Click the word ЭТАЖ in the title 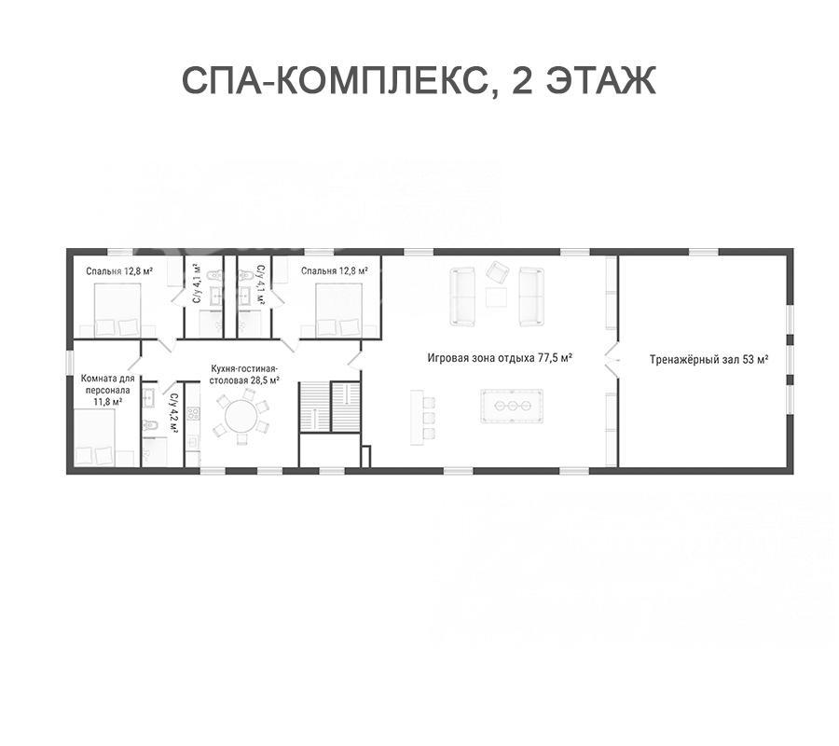pyautogui.click(x=600, y=80)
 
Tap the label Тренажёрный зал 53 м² pyautogui.click(x=709, y=359)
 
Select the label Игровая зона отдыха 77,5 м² pyautogui.click(x=501, y=357)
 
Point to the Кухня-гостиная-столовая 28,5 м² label pyautogui.click(x=244, y=375)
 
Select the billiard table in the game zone pyautogui.click(x=512, y=407)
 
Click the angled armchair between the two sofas pyautogui.click(x=498, y=273)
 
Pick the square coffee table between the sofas pyautogui.click(x=496, y=297)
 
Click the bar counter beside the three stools pyautogui.click(x=417, y=417)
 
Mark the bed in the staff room pyautogui.click(x=95, y=436)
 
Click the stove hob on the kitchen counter pyautogui.click(x=193, y=414)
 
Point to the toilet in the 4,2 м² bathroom pyautogui.click(x=150, y=425)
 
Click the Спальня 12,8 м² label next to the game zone pyautogui.click(x=334, y=270)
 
